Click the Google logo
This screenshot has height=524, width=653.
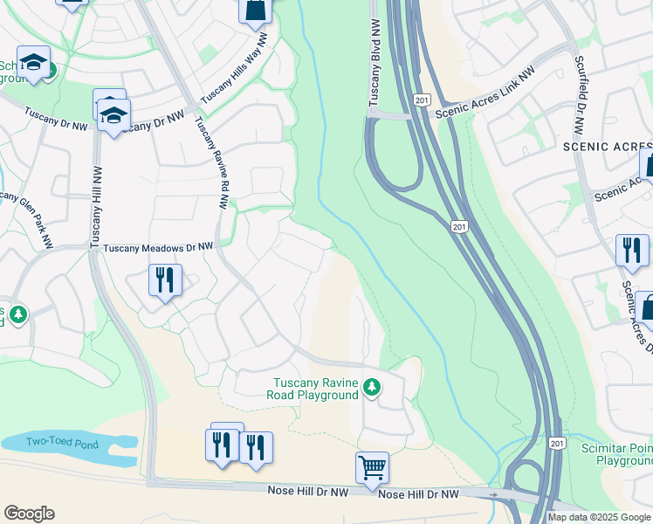[29, 514]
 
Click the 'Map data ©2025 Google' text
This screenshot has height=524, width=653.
[600, 517]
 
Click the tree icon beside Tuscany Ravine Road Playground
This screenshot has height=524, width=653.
[371, 386]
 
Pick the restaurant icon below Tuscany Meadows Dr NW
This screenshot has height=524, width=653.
[165, 280]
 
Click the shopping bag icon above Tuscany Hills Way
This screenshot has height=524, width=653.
[255, 10]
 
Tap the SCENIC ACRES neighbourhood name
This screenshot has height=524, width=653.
[608, 148]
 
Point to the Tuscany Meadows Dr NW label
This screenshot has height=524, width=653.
[158, 248]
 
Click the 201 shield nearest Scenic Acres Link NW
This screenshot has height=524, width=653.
[423, 100]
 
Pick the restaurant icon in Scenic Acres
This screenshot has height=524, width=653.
[631, 250]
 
